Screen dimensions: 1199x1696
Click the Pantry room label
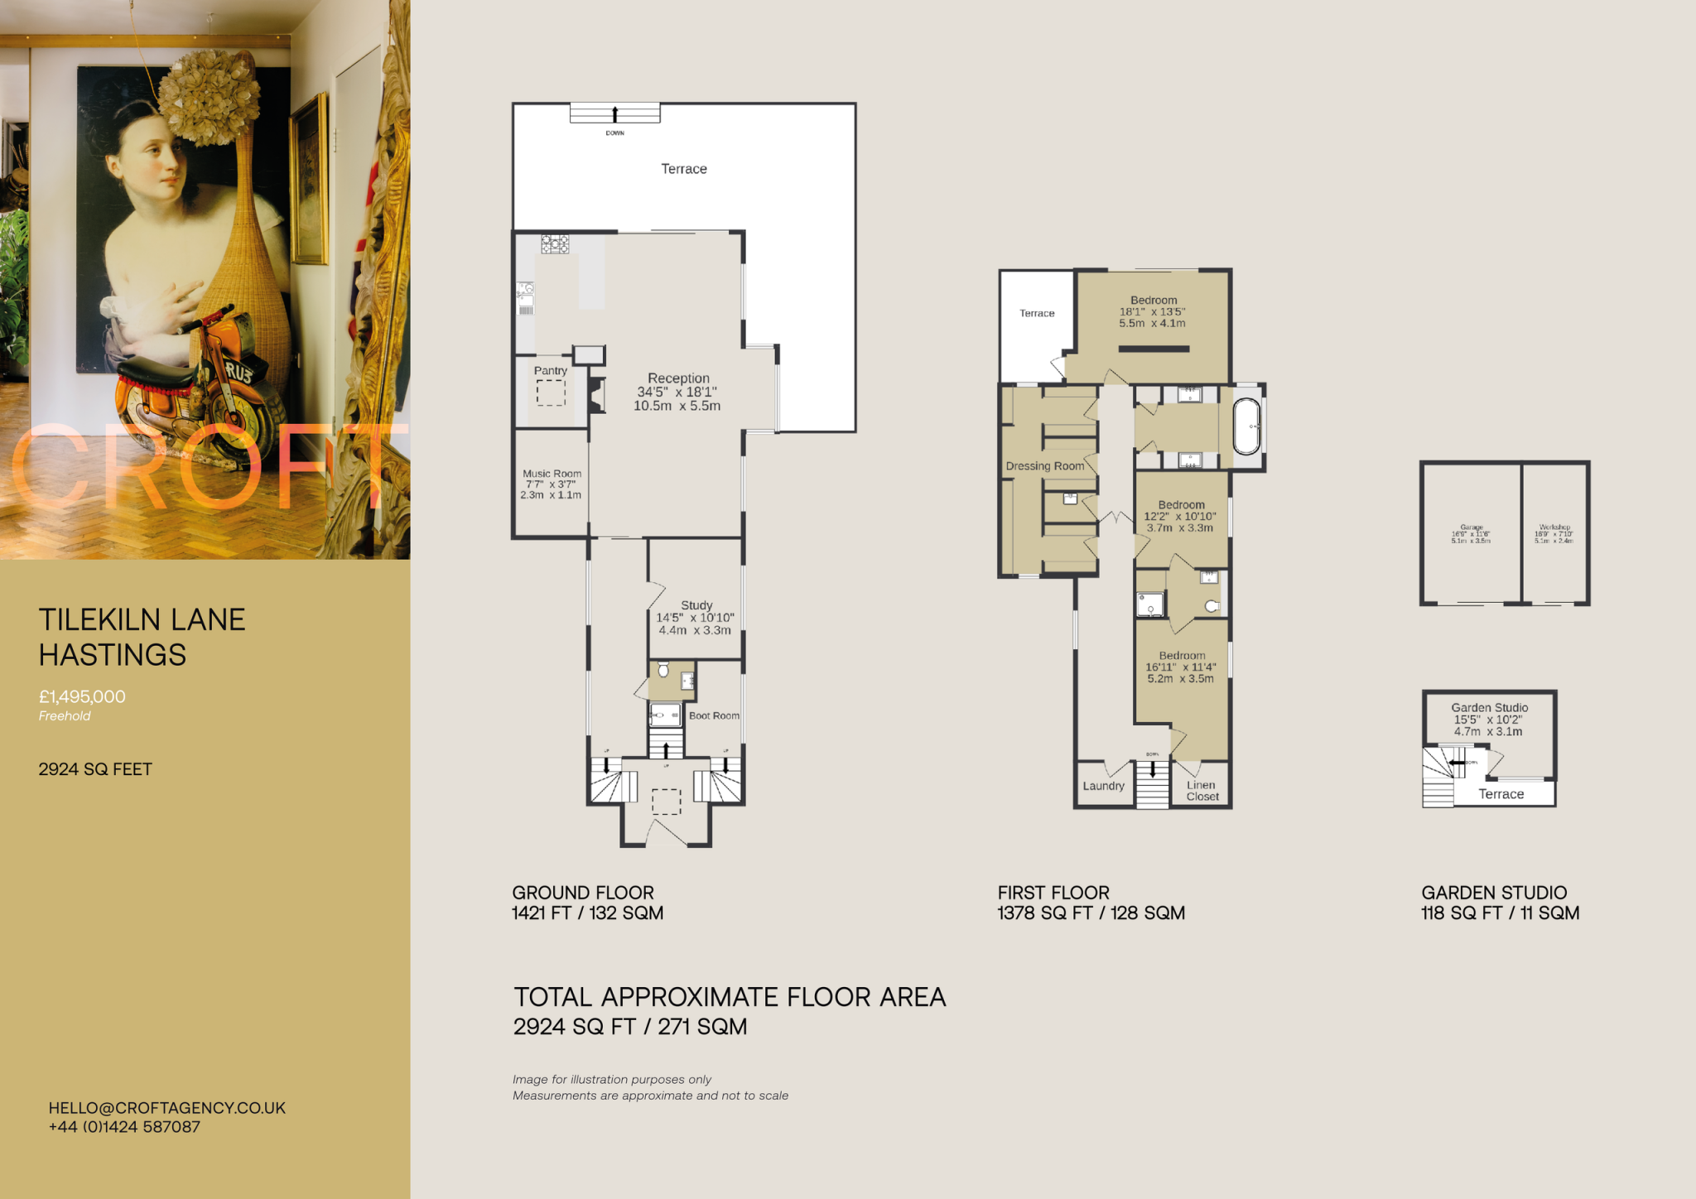click(550, 371)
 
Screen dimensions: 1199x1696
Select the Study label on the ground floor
click(696, 605)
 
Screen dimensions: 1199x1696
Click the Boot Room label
click(714, 715)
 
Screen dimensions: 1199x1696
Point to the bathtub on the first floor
click(1246, 426)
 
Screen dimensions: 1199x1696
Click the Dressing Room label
click(1044, 466)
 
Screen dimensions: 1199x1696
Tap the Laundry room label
click(1103, 786)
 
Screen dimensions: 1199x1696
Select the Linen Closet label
click(1202, 791)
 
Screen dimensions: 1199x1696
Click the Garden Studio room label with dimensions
click(1489, 719)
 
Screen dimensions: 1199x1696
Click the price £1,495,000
click(82, 697)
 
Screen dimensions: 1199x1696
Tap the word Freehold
click(65, 716)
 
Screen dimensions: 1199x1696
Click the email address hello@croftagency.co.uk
click(166, 1108)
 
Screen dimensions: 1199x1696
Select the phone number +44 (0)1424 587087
click(124, 1127)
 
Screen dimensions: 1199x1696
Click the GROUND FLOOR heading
click(582, 893)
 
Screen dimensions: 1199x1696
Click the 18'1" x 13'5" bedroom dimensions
click(1152, 312)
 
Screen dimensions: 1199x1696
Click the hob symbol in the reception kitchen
click(555, 243)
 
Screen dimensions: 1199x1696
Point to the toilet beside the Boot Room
click(663, 669)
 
